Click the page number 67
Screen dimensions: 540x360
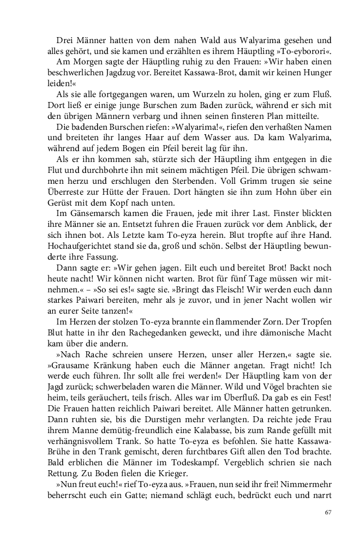click(x=328, y=512)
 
